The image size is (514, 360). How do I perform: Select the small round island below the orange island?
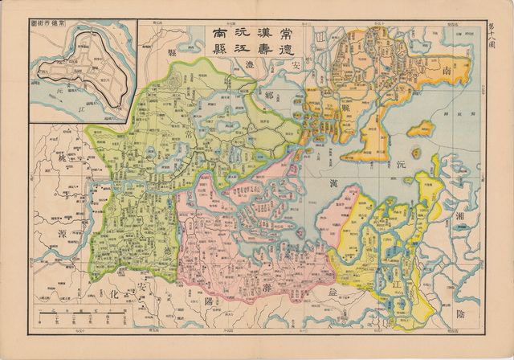pos(416,150)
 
